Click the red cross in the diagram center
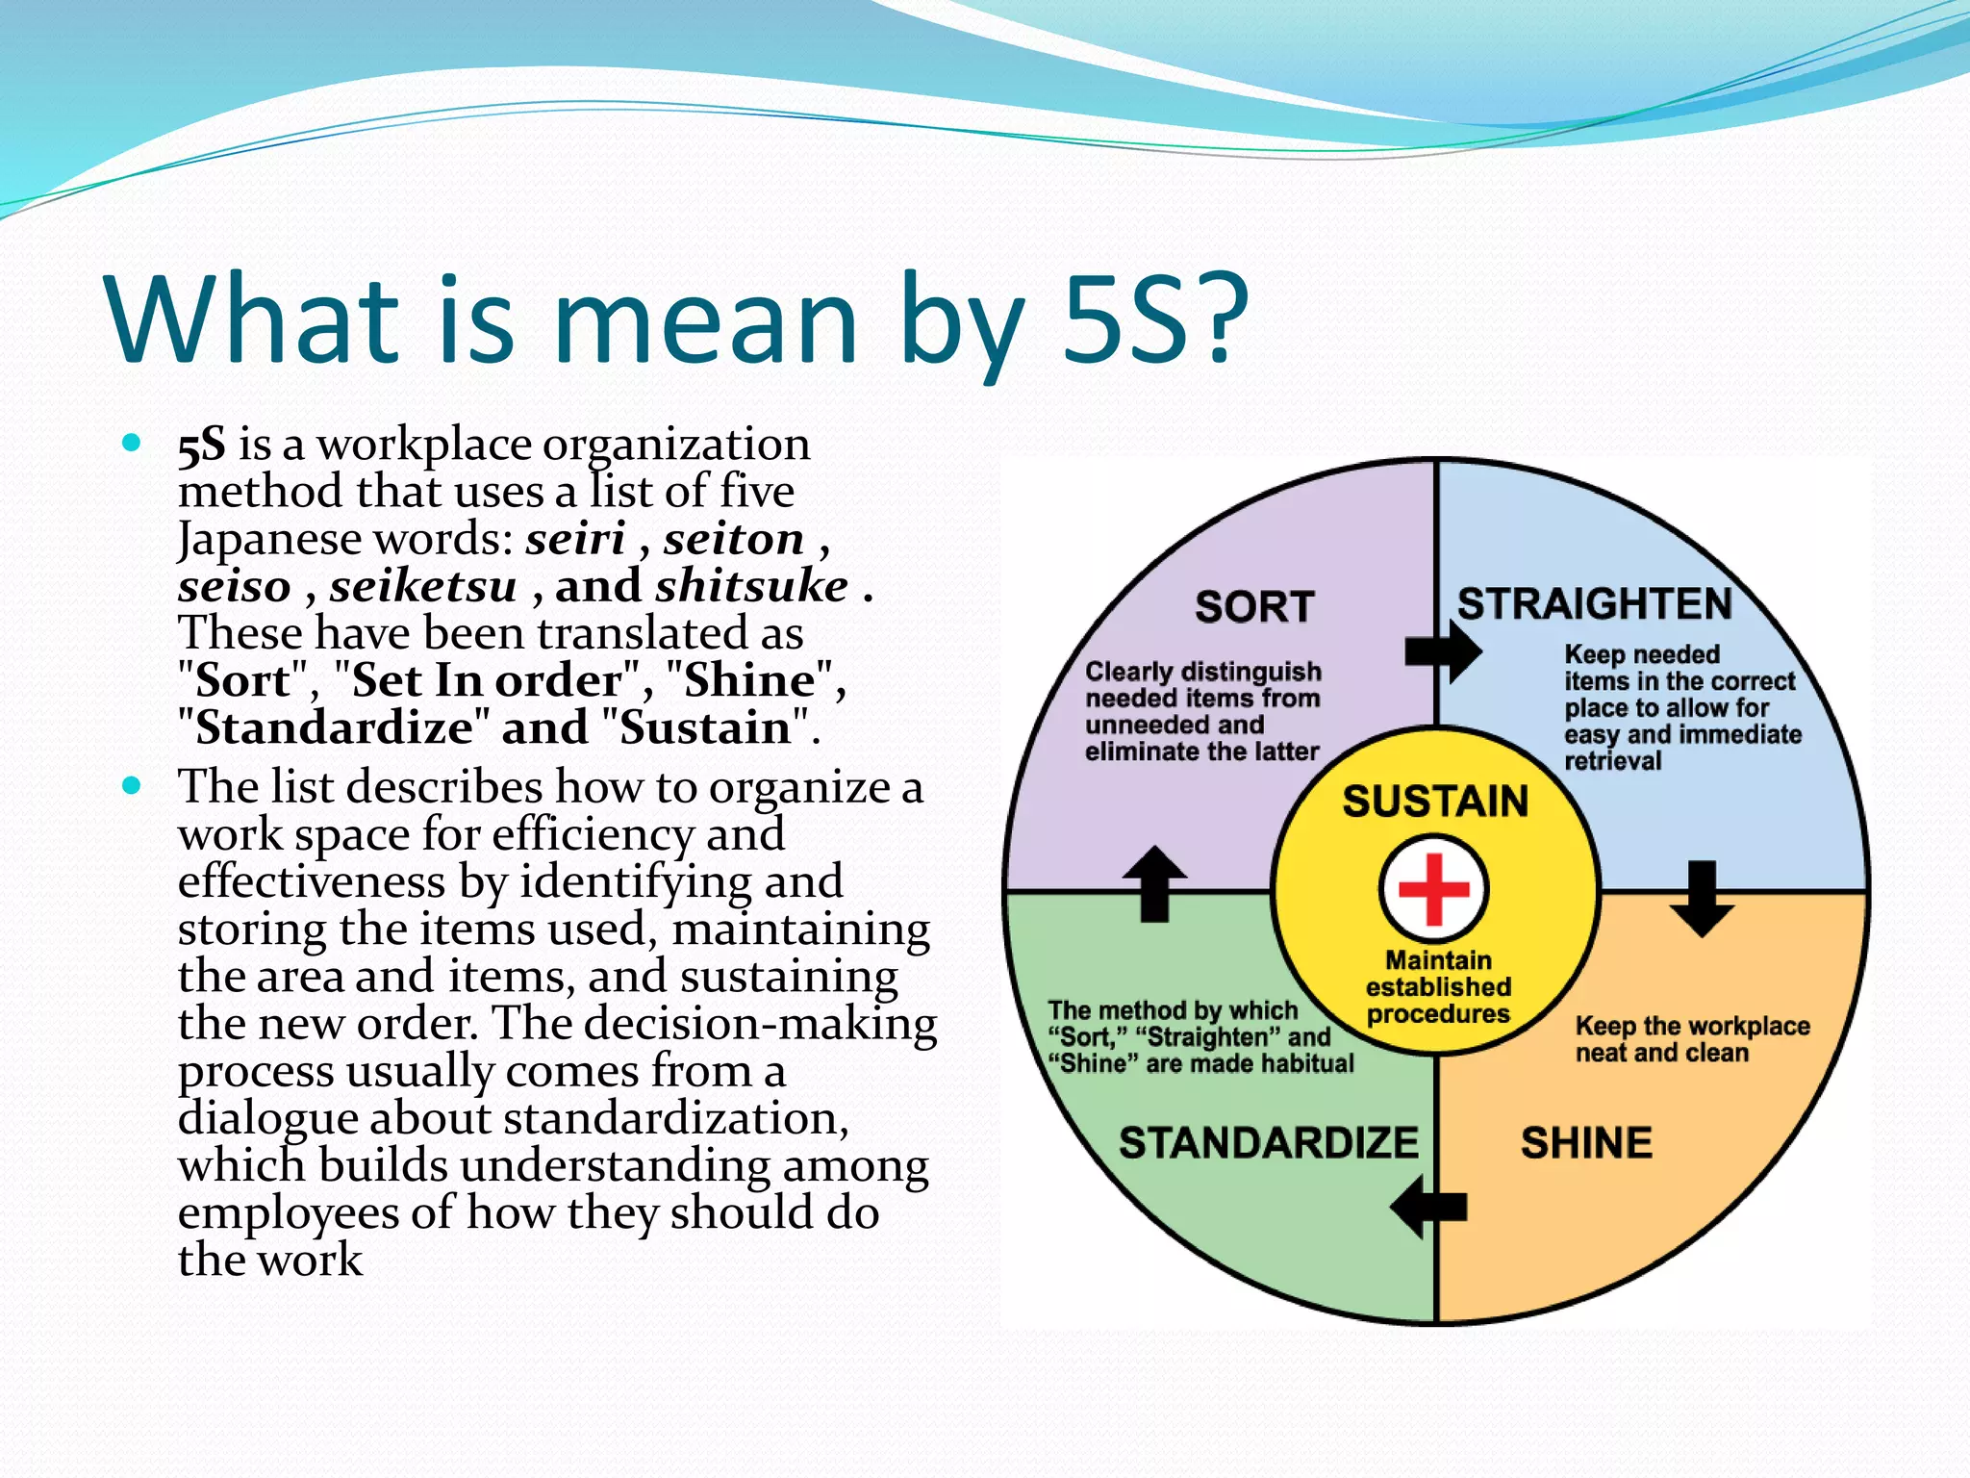coord(1433,888)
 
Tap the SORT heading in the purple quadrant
coord(1254,607)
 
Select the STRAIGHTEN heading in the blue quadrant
coord(1594,604)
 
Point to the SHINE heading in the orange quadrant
coord(1586,1143)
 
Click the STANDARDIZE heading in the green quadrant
coord(1269,1143)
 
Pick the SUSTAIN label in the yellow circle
coord(1435,802)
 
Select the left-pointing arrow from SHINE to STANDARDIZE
coord(1429,1207)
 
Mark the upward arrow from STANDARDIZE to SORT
coord(1154,882)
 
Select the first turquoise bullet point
coord(132,444)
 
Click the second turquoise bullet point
coord(132,786)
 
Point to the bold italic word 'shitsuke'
coord(752,586)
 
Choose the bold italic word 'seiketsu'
coord(423,586)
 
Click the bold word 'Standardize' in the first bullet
coord(333,727)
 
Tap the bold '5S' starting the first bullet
coord(202,445)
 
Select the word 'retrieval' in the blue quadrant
coord(1612,761)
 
